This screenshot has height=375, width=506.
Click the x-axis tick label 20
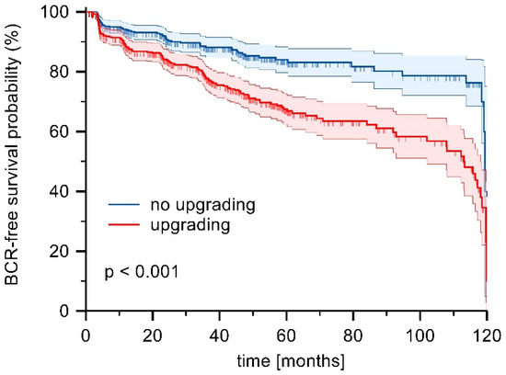(152, 331)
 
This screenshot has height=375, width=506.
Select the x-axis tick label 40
(219, 331)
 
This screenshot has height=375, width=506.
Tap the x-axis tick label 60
(286, 331)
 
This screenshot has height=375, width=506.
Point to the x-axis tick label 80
(353, 331)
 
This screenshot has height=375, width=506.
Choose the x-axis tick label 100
(420, 331)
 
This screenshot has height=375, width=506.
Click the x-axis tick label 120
(487, 331)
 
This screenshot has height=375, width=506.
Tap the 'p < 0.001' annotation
(140, 273)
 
